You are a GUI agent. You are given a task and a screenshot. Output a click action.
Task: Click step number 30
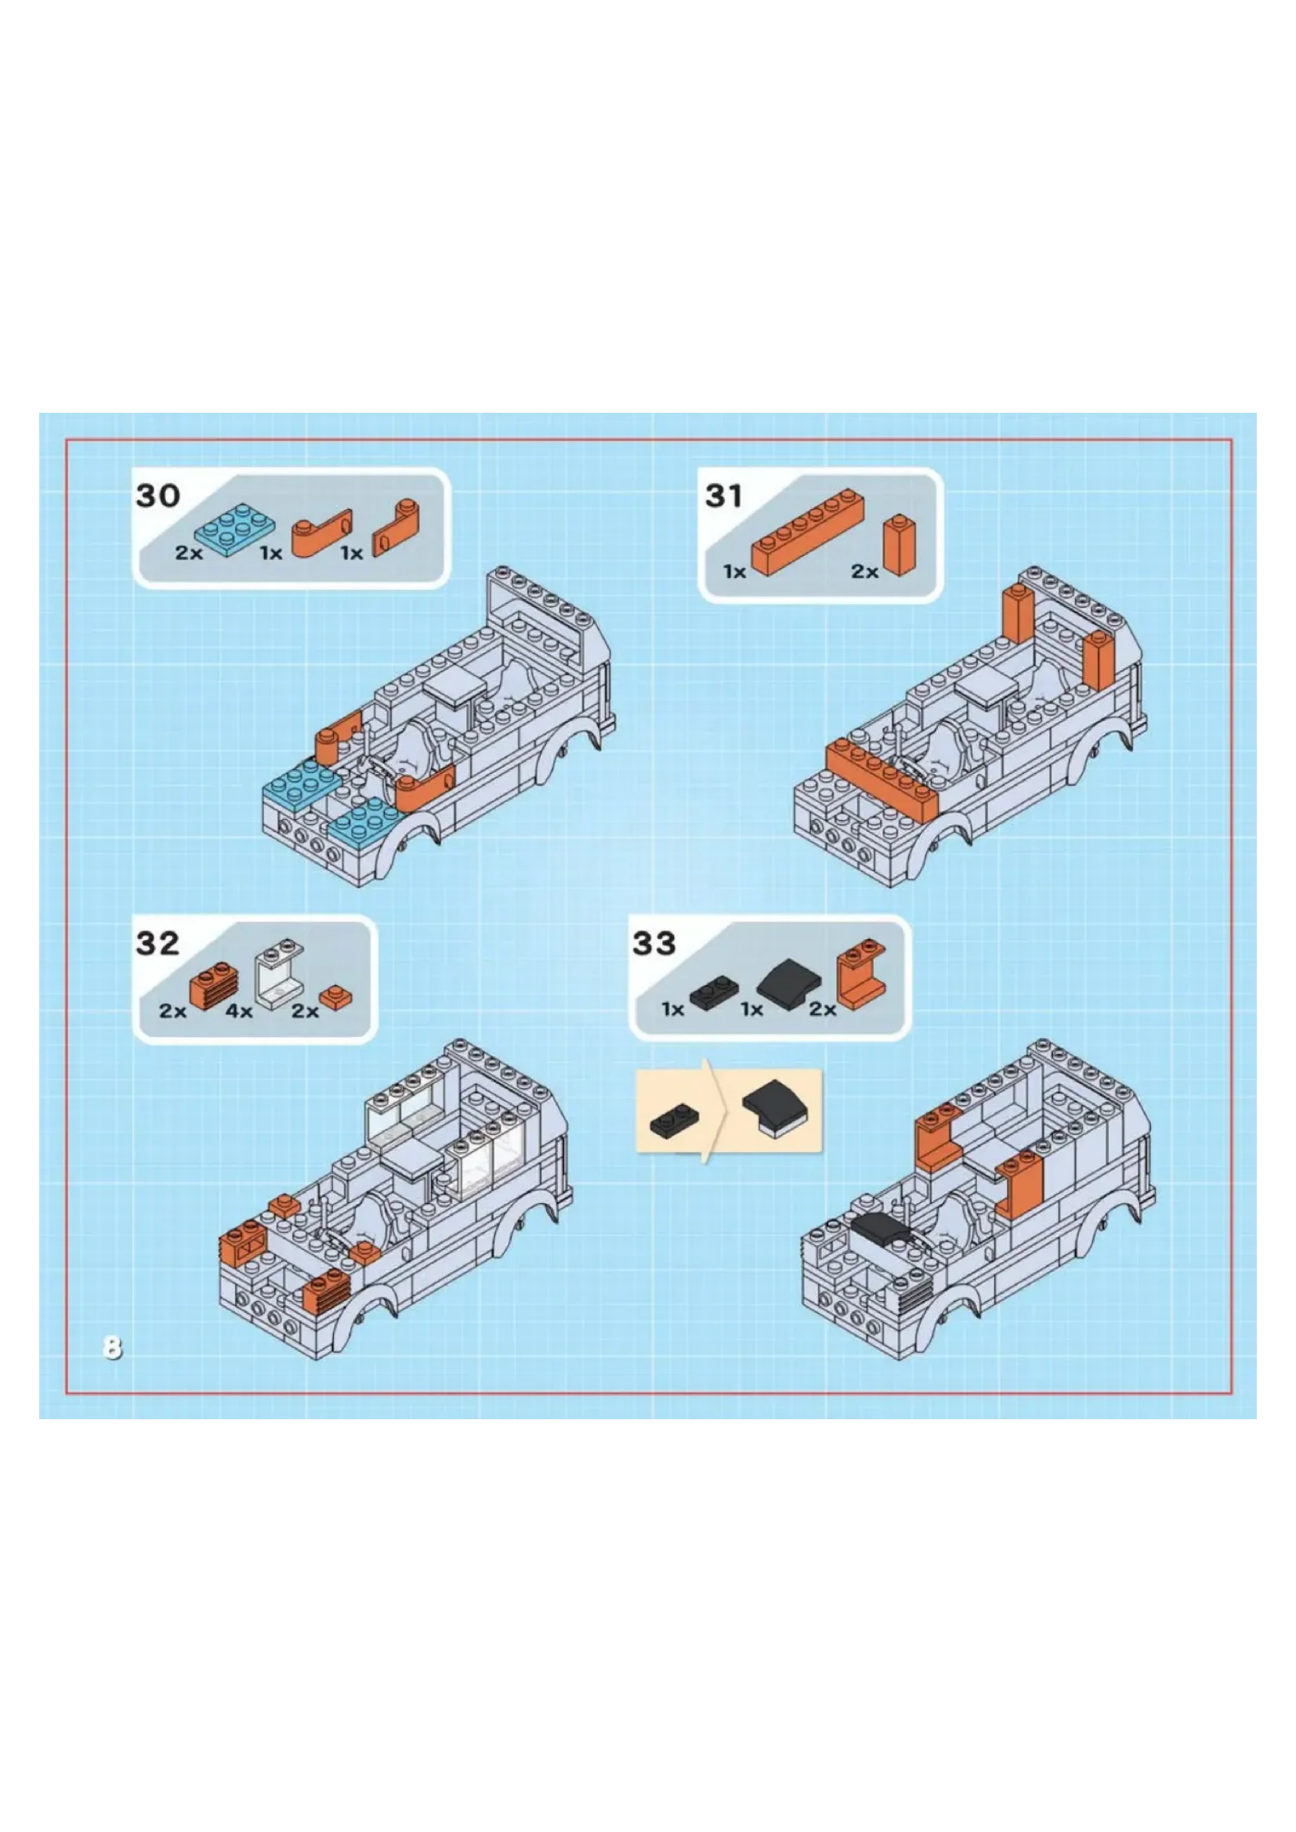click(158, 496)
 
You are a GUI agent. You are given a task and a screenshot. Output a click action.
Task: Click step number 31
click(724, 496)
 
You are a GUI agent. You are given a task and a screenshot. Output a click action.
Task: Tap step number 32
click(158, 943)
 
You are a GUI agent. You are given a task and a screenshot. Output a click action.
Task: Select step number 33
click(654, 943)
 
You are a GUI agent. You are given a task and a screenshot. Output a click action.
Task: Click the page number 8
click(113, 1348)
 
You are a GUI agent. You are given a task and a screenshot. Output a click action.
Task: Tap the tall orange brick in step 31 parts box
click(898, 546)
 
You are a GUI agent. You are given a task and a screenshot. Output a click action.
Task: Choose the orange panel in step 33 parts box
click(861, 975)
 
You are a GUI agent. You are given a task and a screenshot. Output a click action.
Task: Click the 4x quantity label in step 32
click(239, 1012)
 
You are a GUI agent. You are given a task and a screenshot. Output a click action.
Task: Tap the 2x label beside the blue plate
click(189, 553)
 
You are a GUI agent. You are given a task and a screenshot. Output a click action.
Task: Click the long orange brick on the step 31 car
click(882, 779)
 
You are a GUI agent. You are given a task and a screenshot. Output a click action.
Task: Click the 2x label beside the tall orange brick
click(864, 571)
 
